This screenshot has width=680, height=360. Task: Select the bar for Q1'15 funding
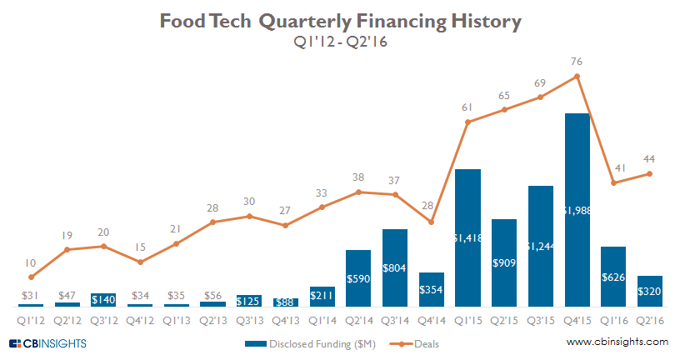click(468, 237)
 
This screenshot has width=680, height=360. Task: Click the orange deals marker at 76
click(577, 77)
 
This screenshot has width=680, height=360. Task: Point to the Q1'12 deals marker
click(31, 277)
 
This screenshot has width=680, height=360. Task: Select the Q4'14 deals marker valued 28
click(431, 222)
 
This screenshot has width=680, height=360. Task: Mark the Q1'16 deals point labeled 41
click(613, 182)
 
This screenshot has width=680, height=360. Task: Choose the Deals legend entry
click(417, 342)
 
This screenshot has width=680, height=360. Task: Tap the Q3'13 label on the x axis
click(248, 317)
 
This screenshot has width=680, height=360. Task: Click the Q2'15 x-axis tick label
click(504, 317)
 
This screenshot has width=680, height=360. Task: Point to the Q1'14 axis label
click(322, 317)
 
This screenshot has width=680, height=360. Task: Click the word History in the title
click(472, 22)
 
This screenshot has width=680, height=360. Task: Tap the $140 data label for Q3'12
click(103, 299)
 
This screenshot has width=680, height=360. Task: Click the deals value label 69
click(541, 83)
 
